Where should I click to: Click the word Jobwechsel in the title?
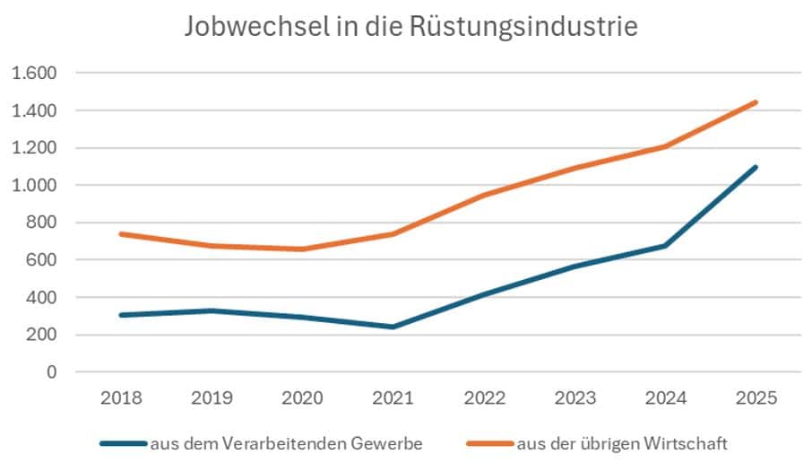pyautogui.click(x=257, y=26)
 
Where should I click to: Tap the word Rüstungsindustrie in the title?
pyautogui.click(x=523, y=27)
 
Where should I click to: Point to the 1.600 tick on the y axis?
pyautogui.click(x=34, y=74)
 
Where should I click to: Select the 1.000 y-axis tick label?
pyautogui.click(x=34, y=185)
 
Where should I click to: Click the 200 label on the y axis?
pyautogui.click(x=41, y=335)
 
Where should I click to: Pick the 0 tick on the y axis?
pyautogui.click(x=51, y=371)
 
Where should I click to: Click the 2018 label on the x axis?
pyautogui.click(x=121, y=398)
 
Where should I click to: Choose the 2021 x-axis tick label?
pyautogui.click(x=393, y=398)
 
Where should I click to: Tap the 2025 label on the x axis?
pyautogui.click(x=756, y=398)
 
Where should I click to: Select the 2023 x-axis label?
pyautogui.click(x=574, y=398)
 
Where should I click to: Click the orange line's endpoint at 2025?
pyautogui.click(x=756, y=102)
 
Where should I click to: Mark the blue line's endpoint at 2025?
pyautogui.click(x=756, y=167)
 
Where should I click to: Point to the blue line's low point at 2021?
pyautogui.click(x=393, y=327)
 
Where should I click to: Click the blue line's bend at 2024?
pyautogui.click(x=665, y=246)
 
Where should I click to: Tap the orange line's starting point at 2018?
pyautogui.click(x=121, y=234)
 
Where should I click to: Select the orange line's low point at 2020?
pyautogui.click(x=302, y=249)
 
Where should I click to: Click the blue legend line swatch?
pyautogui.click(x=124, y=444)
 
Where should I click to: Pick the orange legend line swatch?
pyautogui.click(x=490, y=444)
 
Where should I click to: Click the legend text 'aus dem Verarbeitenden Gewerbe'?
pyautogui.click(x=287, y=444)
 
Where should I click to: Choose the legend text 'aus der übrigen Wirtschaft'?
pyautogui.click(x=623, y=444)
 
